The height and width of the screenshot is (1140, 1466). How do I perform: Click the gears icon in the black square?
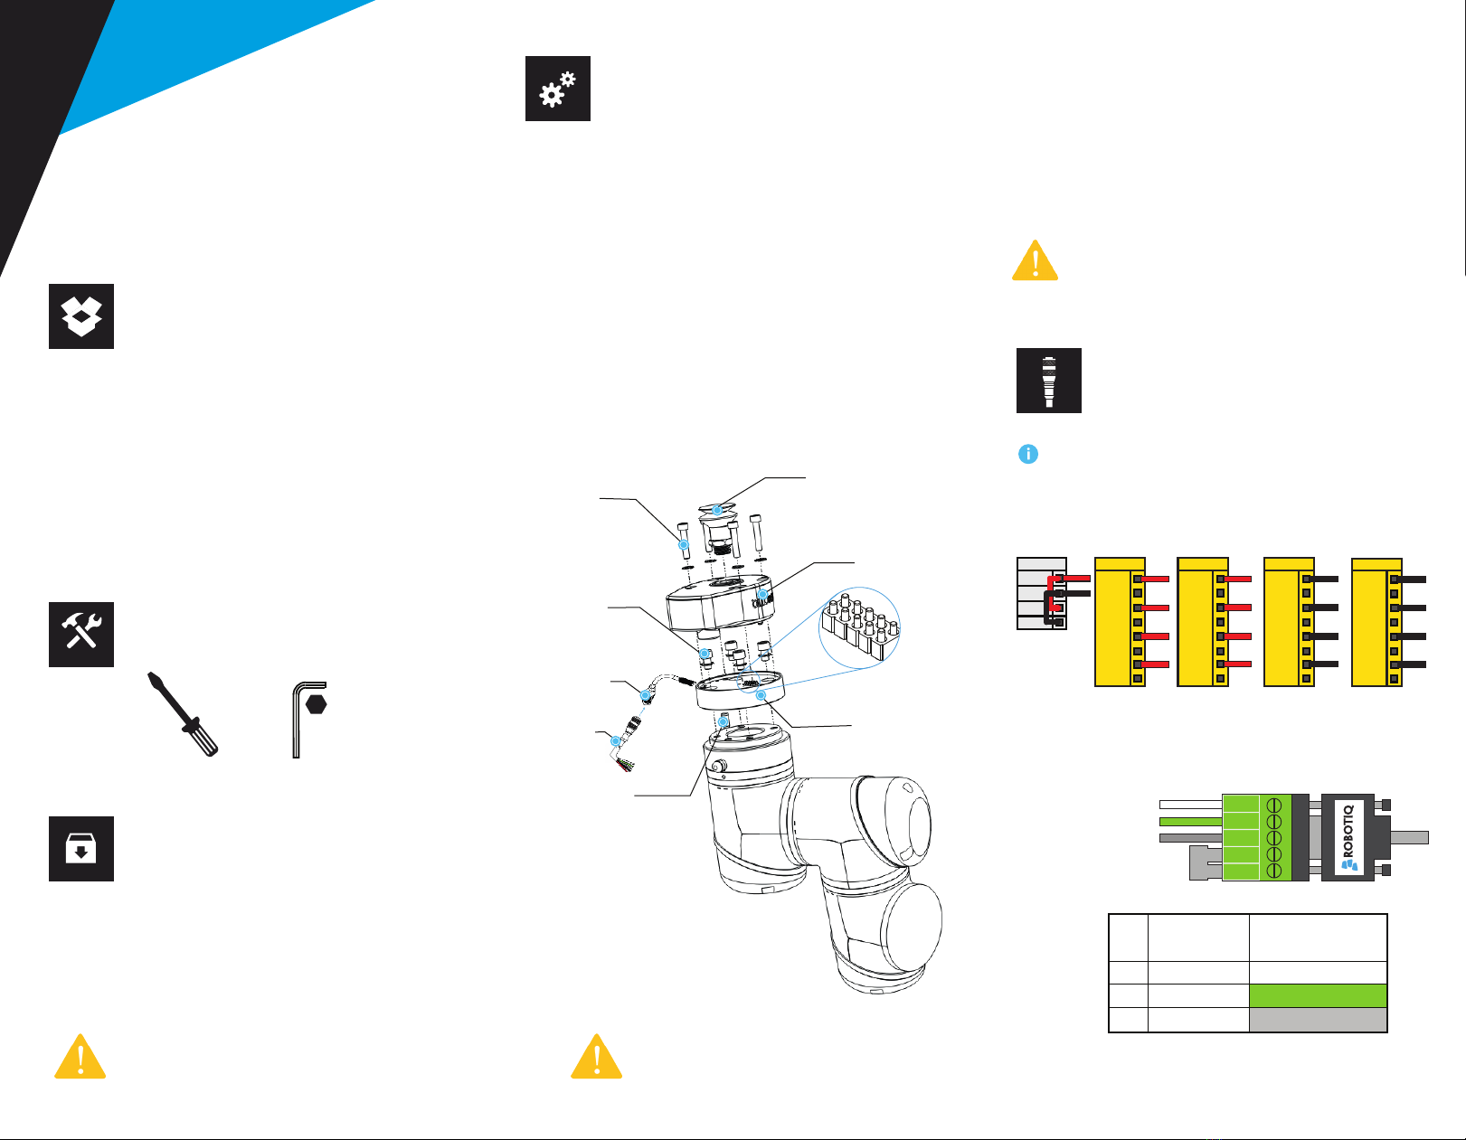[x=558, y=89]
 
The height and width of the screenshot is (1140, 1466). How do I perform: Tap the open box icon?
[x=81, y=316]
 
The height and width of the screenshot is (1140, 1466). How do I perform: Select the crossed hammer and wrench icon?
[x=81, y=634]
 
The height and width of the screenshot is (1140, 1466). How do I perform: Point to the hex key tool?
[x=307, y=719]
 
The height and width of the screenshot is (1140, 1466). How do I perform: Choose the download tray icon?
[x=81, y=849]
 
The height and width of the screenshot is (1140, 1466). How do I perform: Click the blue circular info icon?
[x=1028, y=454]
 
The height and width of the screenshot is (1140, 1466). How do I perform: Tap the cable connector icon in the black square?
[x=1049, y=381]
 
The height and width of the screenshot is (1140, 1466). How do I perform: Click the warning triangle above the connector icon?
[x=1036, y=261]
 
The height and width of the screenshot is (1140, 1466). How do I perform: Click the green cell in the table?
[x=1318, y=995]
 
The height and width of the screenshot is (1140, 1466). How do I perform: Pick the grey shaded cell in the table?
[x=1318, y=1020]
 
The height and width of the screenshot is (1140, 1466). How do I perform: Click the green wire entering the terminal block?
[x=1190, y=821]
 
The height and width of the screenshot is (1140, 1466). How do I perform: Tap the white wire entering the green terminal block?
[x=1190, y=803]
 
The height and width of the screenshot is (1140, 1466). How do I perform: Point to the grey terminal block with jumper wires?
[x=1042, y=594]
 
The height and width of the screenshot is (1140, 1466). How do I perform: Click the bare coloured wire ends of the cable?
[x=623, y=766]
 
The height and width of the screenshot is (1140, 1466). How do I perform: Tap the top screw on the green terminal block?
[x=1274, y=804]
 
